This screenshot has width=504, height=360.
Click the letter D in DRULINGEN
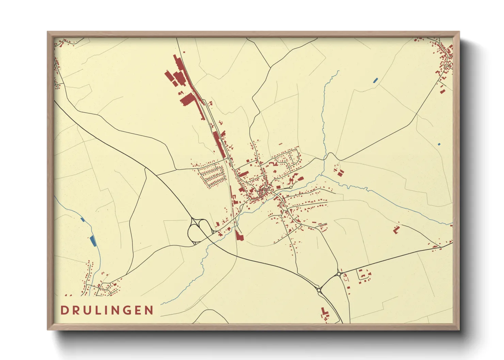click(64, 310)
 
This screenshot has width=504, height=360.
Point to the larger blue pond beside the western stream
click(92, 241)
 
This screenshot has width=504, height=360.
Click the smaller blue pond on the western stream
click(82, 219)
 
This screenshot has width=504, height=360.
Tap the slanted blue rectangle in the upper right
click(375, 80)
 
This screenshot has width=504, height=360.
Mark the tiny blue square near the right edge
click(439, 144)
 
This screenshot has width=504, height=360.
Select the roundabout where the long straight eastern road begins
click(339, 274)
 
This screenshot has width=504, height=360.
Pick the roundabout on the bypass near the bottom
click(319, 290)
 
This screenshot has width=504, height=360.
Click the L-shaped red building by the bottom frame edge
click(324, 312)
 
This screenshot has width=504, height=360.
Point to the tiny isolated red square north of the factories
click(184, 52)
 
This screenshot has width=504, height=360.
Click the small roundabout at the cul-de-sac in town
click(291, 187)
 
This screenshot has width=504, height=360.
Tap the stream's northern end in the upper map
click(338, 71)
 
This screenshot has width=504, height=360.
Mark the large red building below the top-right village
click(442, 90)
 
